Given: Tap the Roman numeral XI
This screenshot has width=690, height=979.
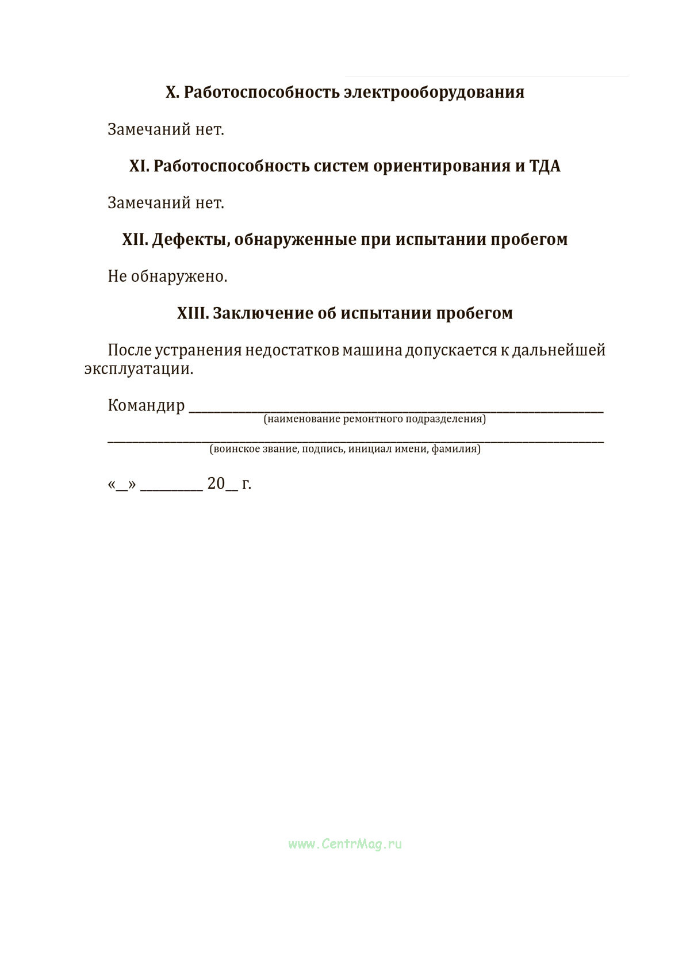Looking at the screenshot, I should (x=139, y=166).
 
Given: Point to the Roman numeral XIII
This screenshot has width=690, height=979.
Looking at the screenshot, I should (x=192, y=313).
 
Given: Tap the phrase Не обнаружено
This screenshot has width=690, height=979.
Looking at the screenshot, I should (x=167, y=277).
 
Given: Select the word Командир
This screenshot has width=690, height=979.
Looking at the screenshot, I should (x=146, y=406).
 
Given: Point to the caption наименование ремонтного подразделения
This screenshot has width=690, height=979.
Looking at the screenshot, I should (x=374, y=419).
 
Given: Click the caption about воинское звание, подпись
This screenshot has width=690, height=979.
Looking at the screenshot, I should (x=345, y=449).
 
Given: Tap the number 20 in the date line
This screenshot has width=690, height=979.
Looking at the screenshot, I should (x=216, y=484).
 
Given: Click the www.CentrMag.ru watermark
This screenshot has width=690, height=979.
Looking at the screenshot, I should (x=345, y=844).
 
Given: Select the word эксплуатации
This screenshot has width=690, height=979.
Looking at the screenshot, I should (x=139, y=369).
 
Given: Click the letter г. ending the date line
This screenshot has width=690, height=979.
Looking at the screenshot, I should (x=247, y=484).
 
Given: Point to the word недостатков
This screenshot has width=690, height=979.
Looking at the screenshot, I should (x=292, y=350).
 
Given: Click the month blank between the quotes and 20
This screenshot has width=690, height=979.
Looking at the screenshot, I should (x=171, y=487).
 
